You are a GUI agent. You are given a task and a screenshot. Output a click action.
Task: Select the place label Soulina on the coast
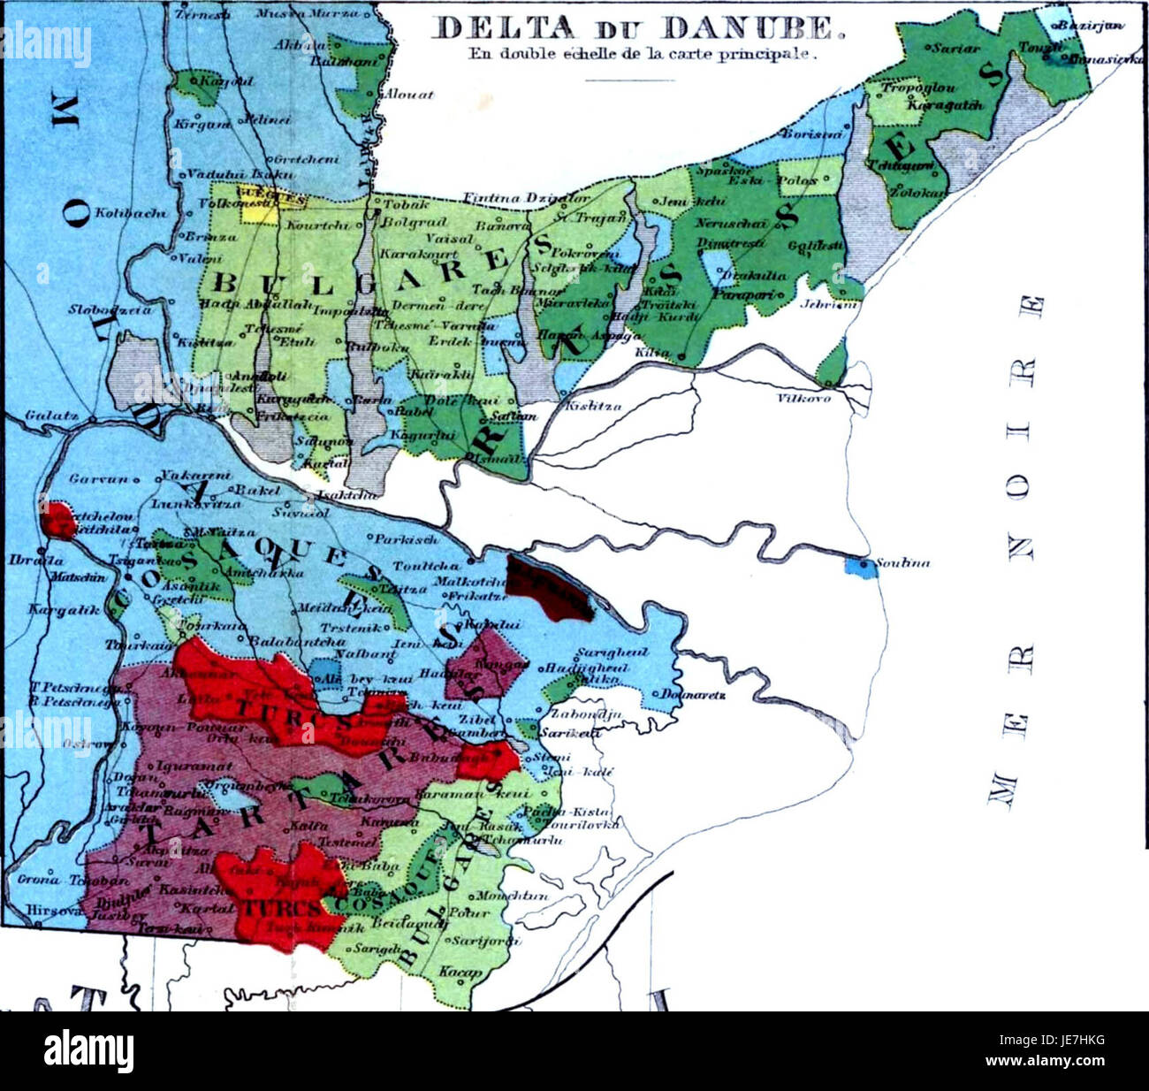point(902,563)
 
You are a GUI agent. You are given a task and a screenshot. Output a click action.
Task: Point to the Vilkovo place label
point(803,398)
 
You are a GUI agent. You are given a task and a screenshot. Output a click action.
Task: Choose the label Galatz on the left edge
point(41,414)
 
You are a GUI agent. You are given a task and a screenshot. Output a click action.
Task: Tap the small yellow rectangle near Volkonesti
point(256,211)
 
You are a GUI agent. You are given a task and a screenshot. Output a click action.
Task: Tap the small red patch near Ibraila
point(59,520)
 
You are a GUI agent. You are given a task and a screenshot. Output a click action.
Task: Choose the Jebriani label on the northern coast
point(828,303)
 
